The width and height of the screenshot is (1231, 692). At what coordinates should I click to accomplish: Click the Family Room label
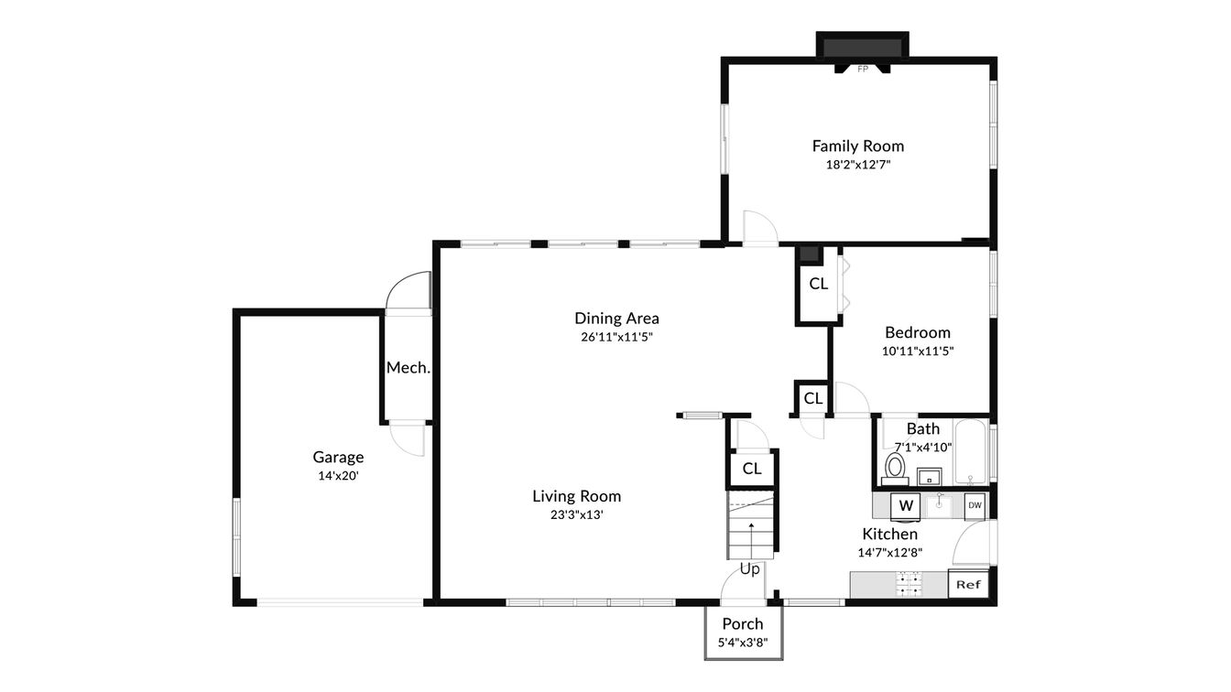(x=857, y=146)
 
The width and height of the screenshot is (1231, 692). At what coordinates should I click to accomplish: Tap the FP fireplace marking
(x=862, y=69)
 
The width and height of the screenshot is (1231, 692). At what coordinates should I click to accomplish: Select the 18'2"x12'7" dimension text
(x=857, y=165)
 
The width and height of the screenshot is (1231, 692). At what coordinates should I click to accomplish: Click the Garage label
(x=338, y=457)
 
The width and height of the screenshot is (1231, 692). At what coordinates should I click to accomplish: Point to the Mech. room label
(x=408, y=367)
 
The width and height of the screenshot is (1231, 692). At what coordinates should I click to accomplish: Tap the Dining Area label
(x=616, y=319)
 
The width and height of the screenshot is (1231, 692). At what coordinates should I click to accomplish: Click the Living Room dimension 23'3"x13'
(x=576, y=514)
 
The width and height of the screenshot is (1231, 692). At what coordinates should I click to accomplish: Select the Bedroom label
(x=917, y=332)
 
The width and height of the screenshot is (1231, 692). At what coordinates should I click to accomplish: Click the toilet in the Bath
(x=895, y=468)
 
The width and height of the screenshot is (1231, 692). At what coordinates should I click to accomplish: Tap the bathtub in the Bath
(x=969, y=452)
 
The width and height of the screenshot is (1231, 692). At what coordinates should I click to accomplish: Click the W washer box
(x=906, y=505)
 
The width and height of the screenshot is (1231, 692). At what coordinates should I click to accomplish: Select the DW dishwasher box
(x=975, y=505)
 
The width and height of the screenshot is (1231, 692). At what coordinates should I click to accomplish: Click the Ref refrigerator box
(x=968, y=584)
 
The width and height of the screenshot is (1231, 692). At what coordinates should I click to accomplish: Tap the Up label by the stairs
(x=750, y=569)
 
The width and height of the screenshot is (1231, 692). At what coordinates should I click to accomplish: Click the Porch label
(x=742, y=624)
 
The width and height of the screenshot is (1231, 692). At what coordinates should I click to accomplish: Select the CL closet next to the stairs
(x=752, y=469)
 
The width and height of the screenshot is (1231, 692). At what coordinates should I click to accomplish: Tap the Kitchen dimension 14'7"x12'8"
(x=889, y=552)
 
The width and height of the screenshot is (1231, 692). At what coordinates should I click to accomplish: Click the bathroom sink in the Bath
(x=930, y=476)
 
